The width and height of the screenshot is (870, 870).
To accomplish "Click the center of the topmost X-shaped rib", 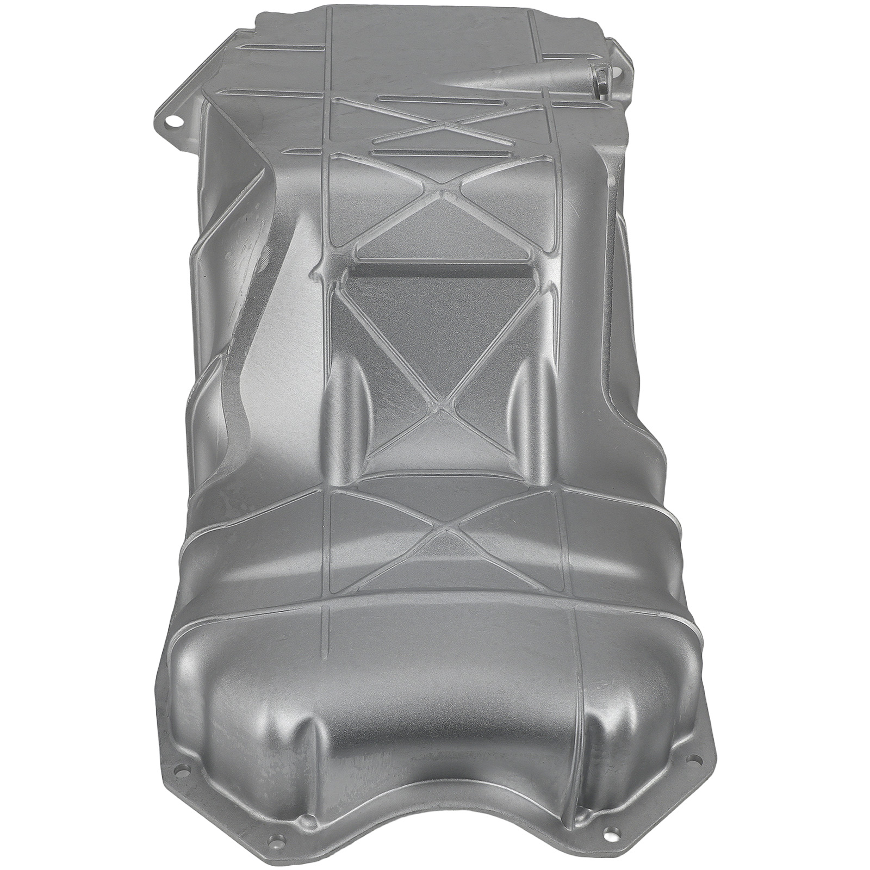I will (x=445, y=125).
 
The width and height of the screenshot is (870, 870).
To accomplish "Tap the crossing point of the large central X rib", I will (x=443, y=405).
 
